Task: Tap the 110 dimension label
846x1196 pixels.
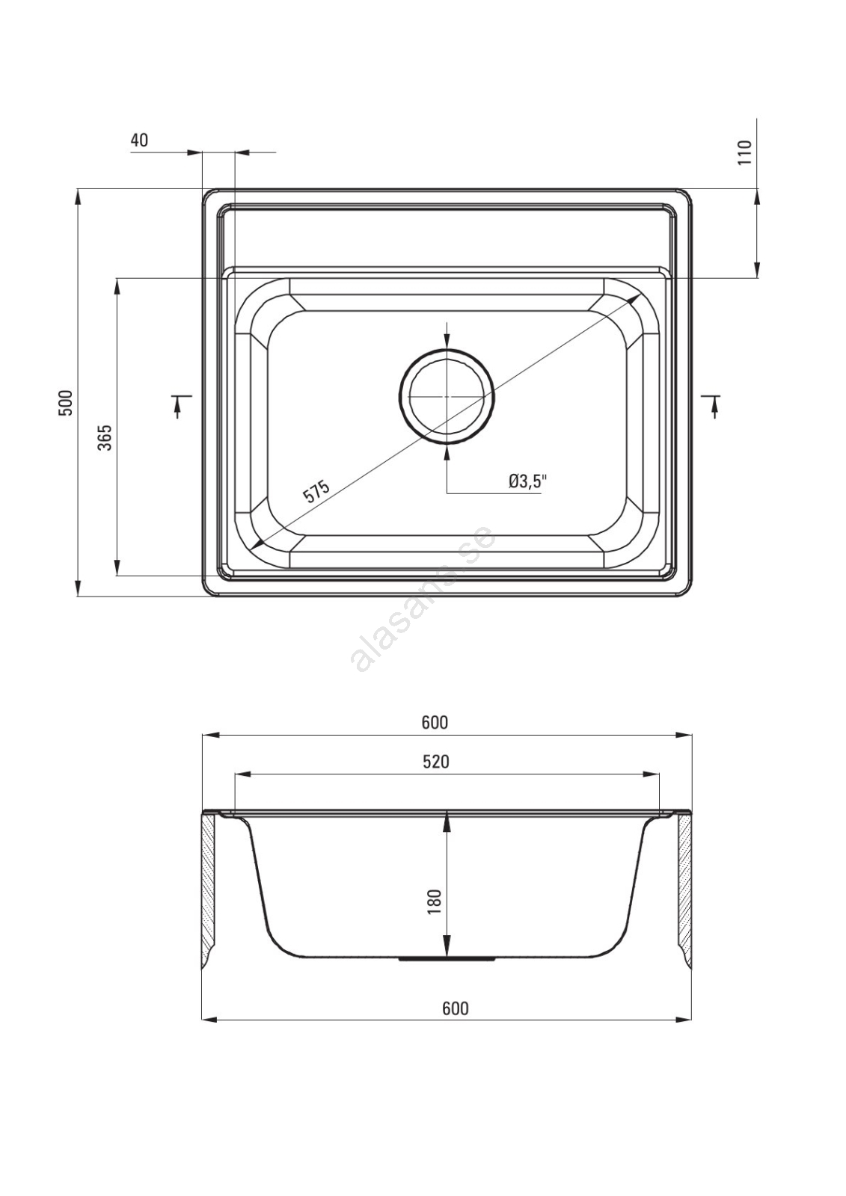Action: coord(744,152)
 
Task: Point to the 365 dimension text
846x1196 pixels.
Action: coord(105,437)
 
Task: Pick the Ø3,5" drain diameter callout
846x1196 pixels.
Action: coord(529,481)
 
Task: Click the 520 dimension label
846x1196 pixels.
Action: coord(435,762)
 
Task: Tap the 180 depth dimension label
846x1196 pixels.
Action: coord(433,901)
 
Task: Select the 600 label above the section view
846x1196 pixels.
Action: coord(435,722)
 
